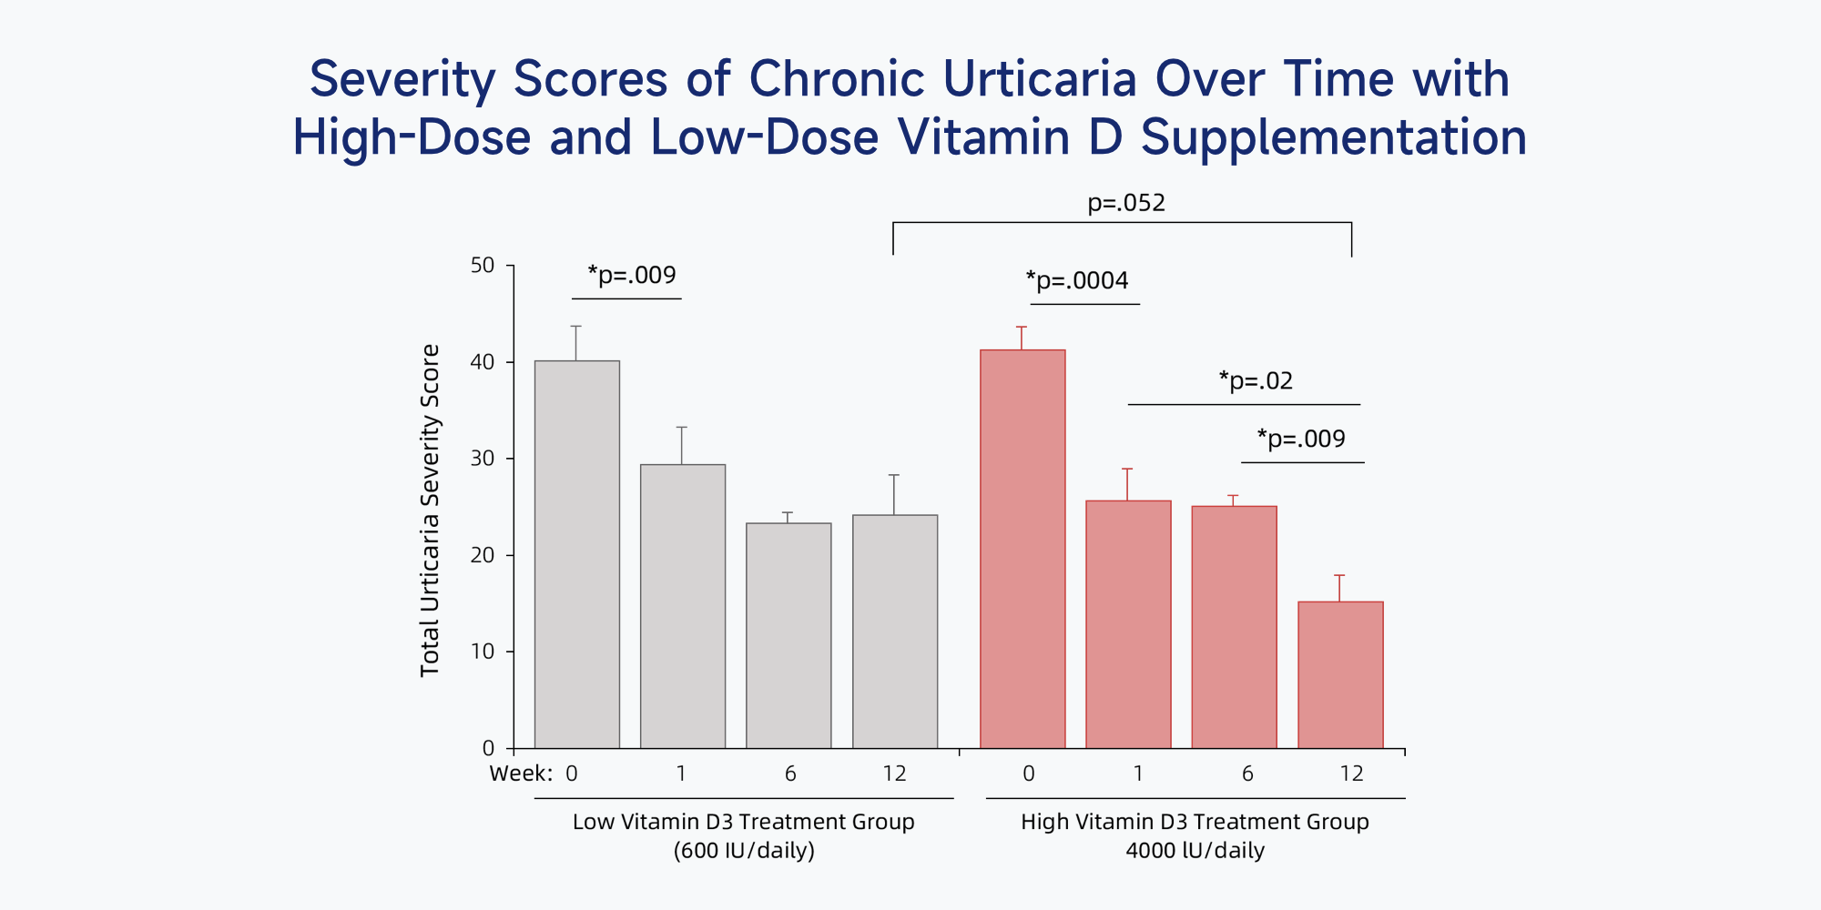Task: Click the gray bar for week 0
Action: (576, 554)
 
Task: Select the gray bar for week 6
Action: (788, 635)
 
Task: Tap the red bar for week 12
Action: (1340, 674)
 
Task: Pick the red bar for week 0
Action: (1022, 549)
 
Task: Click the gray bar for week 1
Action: (683, 606)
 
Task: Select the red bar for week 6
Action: (1234, 627)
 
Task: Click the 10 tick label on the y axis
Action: (483, 652)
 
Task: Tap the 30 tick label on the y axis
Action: (483, 459)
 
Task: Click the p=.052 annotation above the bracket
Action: (1126, 203)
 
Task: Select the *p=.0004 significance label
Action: (1077, 280)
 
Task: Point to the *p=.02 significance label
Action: (1256, 380)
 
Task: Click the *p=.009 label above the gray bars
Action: (632, 275)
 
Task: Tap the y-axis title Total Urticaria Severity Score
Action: (430, 511)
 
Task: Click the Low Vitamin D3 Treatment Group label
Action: (743, 822)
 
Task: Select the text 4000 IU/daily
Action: (1195, 851)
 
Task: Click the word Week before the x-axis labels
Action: (521, 773)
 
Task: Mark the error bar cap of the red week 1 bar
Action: (1127, 469)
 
